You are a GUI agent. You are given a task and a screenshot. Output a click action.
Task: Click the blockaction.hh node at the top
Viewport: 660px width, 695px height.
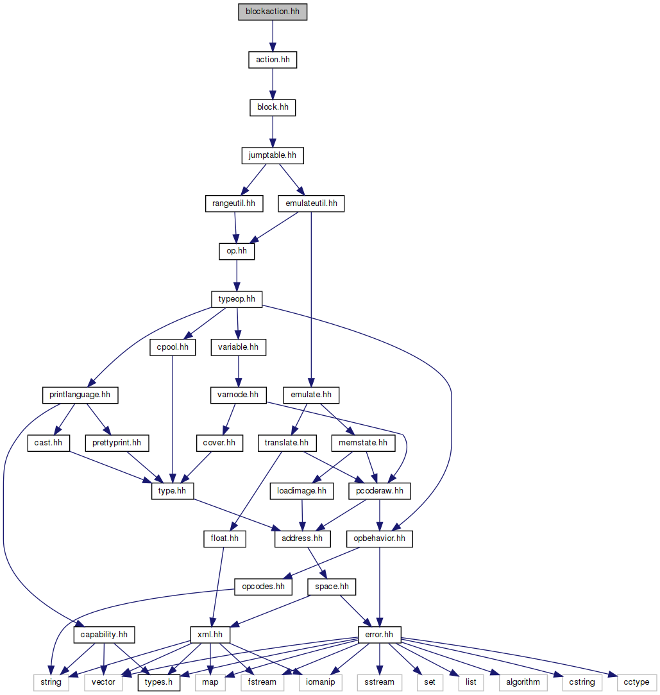coord(273,12)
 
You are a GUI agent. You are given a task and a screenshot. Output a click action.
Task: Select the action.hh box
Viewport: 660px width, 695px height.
coord(273,60)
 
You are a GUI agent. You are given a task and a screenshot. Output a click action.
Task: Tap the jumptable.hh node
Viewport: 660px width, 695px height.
coord(273,155)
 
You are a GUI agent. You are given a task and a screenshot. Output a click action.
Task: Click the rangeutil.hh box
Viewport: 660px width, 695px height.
coord(234,204)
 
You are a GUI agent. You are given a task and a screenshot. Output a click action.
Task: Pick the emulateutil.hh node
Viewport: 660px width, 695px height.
coord(311,204)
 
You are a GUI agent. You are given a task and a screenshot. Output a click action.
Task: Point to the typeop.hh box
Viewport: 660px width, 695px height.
coord(237,299)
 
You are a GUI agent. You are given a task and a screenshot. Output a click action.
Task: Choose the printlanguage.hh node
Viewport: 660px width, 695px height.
coord(80,395)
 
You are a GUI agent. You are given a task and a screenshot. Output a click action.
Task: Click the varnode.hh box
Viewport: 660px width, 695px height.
coord(238,395)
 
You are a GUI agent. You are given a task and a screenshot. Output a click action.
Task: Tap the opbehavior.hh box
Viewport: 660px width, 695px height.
coord(380,539)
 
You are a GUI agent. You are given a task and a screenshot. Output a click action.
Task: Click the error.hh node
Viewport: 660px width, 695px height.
coord(380,635)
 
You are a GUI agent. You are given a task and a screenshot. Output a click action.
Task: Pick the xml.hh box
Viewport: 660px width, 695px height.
coord(210,635)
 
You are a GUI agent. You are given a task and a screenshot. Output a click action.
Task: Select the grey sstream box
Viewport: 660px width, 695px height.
coord(380,682)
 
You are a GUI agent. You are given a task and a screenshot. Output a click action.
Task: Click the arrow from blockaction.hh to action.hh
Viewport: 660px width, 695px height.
coord(273,35)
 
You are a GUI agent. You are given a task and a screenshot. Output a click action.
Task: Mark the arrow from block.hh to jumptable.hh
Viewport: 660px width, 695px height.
coord(273,132)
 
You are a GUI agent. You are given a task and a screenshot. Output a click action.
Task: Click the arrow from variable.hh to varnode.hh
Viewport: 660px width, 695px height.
coord(238,371)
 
